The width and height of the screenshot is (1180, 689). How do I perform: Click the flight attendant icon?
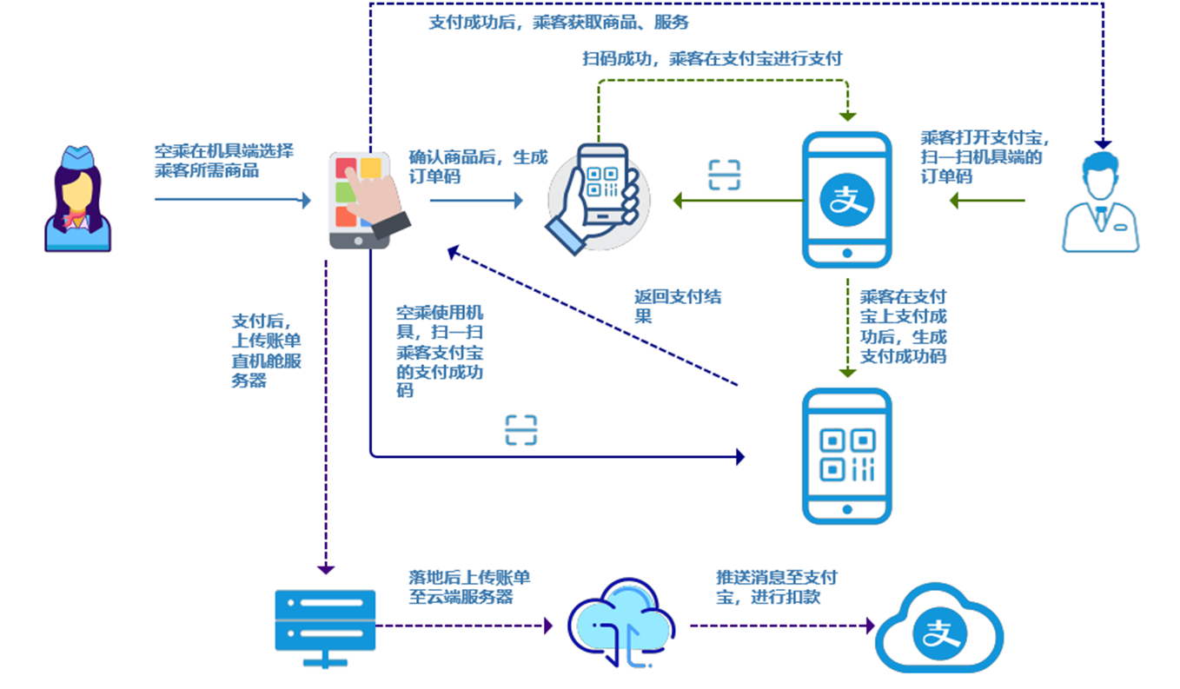(x=78, y=200)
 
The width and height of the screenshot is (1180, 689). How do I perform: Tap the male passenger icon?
(x=1100, y=203)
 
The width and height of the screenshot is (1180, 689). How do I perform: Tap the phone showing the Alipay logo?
(x=846, y=200)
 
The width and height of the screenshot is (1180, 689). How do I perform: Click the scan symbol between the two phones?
(x=724, y=175)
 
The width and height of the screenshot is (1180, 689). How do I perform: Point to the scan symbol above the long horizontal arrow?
(x=521, y=430)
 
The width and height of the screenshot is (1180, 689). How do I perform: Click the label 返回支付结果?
(x=677, y=306)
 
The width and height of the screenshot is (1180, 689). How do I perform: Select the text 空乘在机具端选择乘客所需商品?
(x=223, y=160)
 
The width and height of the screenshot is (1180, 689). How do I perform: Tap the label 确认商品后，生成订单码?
(x=478, y=167)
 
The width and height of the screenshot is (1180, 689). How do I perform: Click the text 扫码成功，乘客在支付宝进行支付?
(x=712, y=59)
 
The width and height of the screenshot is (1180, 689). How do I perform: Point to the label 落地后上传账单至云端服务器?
(x=469, y=586)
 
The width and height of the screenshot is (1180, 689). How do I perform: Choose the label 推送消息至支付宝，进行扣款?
(x=776, y=586)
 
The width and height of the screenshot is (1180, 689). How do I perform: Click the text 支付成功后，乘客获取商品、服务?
(x=559, y=23)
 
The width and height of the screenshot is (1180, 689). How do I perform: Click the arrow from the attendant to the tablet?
(x=232, y=200)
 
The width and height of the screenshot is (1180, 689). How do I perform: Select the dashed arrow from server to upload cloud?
(x=465, y=625)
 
